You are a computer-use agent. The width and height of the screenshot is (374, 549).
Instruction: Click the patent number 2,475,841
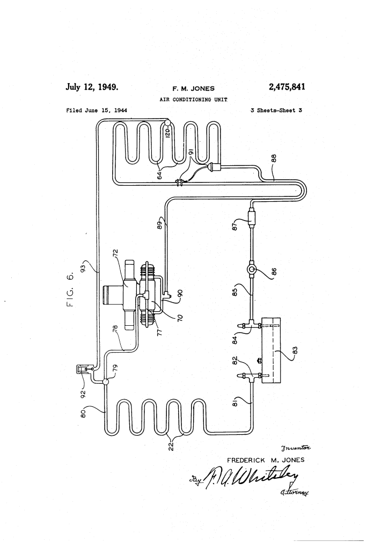pyautogui.click(x=287, y=87)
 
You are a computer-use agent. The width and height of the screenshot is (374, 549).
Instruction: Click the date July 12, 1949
pyautogui.click(x=92, y=87)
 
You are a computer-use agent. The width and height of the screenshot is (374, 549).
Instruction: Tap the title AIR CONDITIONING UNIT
pyautogui.click(x=193, y=99)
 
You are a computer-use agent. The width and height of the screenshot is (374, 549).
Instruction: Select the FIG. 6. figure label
pyautogui.click(x=70, y=290)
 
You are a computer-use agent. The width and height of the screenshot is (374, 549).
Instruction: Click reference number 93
pyautogui.click(x=83, y=266)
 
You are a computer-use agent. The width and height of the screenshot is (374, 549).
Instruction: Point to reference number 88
pyautogui.click(x=274, y=158)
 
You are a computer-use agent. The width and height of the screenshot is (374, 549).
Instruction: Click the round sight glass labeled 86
pyautogui.click(x=252, y=270)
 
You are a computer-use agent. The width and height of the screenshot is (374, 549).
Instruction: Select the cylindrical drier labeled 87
pyautogui.click(x=252, y=218)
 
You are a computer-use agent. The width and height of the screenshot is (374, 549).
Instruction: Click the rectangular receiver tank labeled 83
pyautogui.click(x=271, y=350)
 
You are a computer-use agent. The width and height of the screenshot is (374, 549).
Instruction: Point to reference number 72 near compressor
pyautogui.click(x=115, y=253)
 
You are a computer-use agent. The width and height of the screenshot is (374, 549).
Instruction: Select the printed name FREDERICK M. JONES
pyautogui.click(x=266, y=460)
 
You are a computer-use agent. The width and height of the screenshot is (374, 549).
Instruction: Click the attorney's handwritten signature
pyautogui.click(x=251, y=478)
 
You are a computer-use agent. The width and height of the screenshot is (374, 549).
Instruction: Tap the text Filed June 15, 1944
pyautogui.click(x=97, y=111)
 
